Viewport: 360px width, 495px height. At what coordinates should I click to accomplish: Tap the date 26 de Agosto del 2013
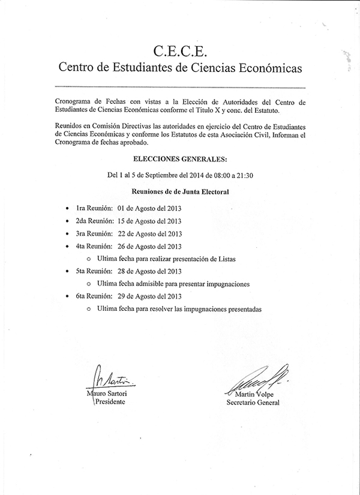pos(149,246)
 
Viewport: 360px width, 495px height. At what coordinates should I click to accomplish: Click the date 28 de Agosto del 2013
pos(149,271)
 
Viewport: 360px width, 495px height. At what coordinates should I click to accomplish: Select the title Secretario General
pos(253,403)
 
